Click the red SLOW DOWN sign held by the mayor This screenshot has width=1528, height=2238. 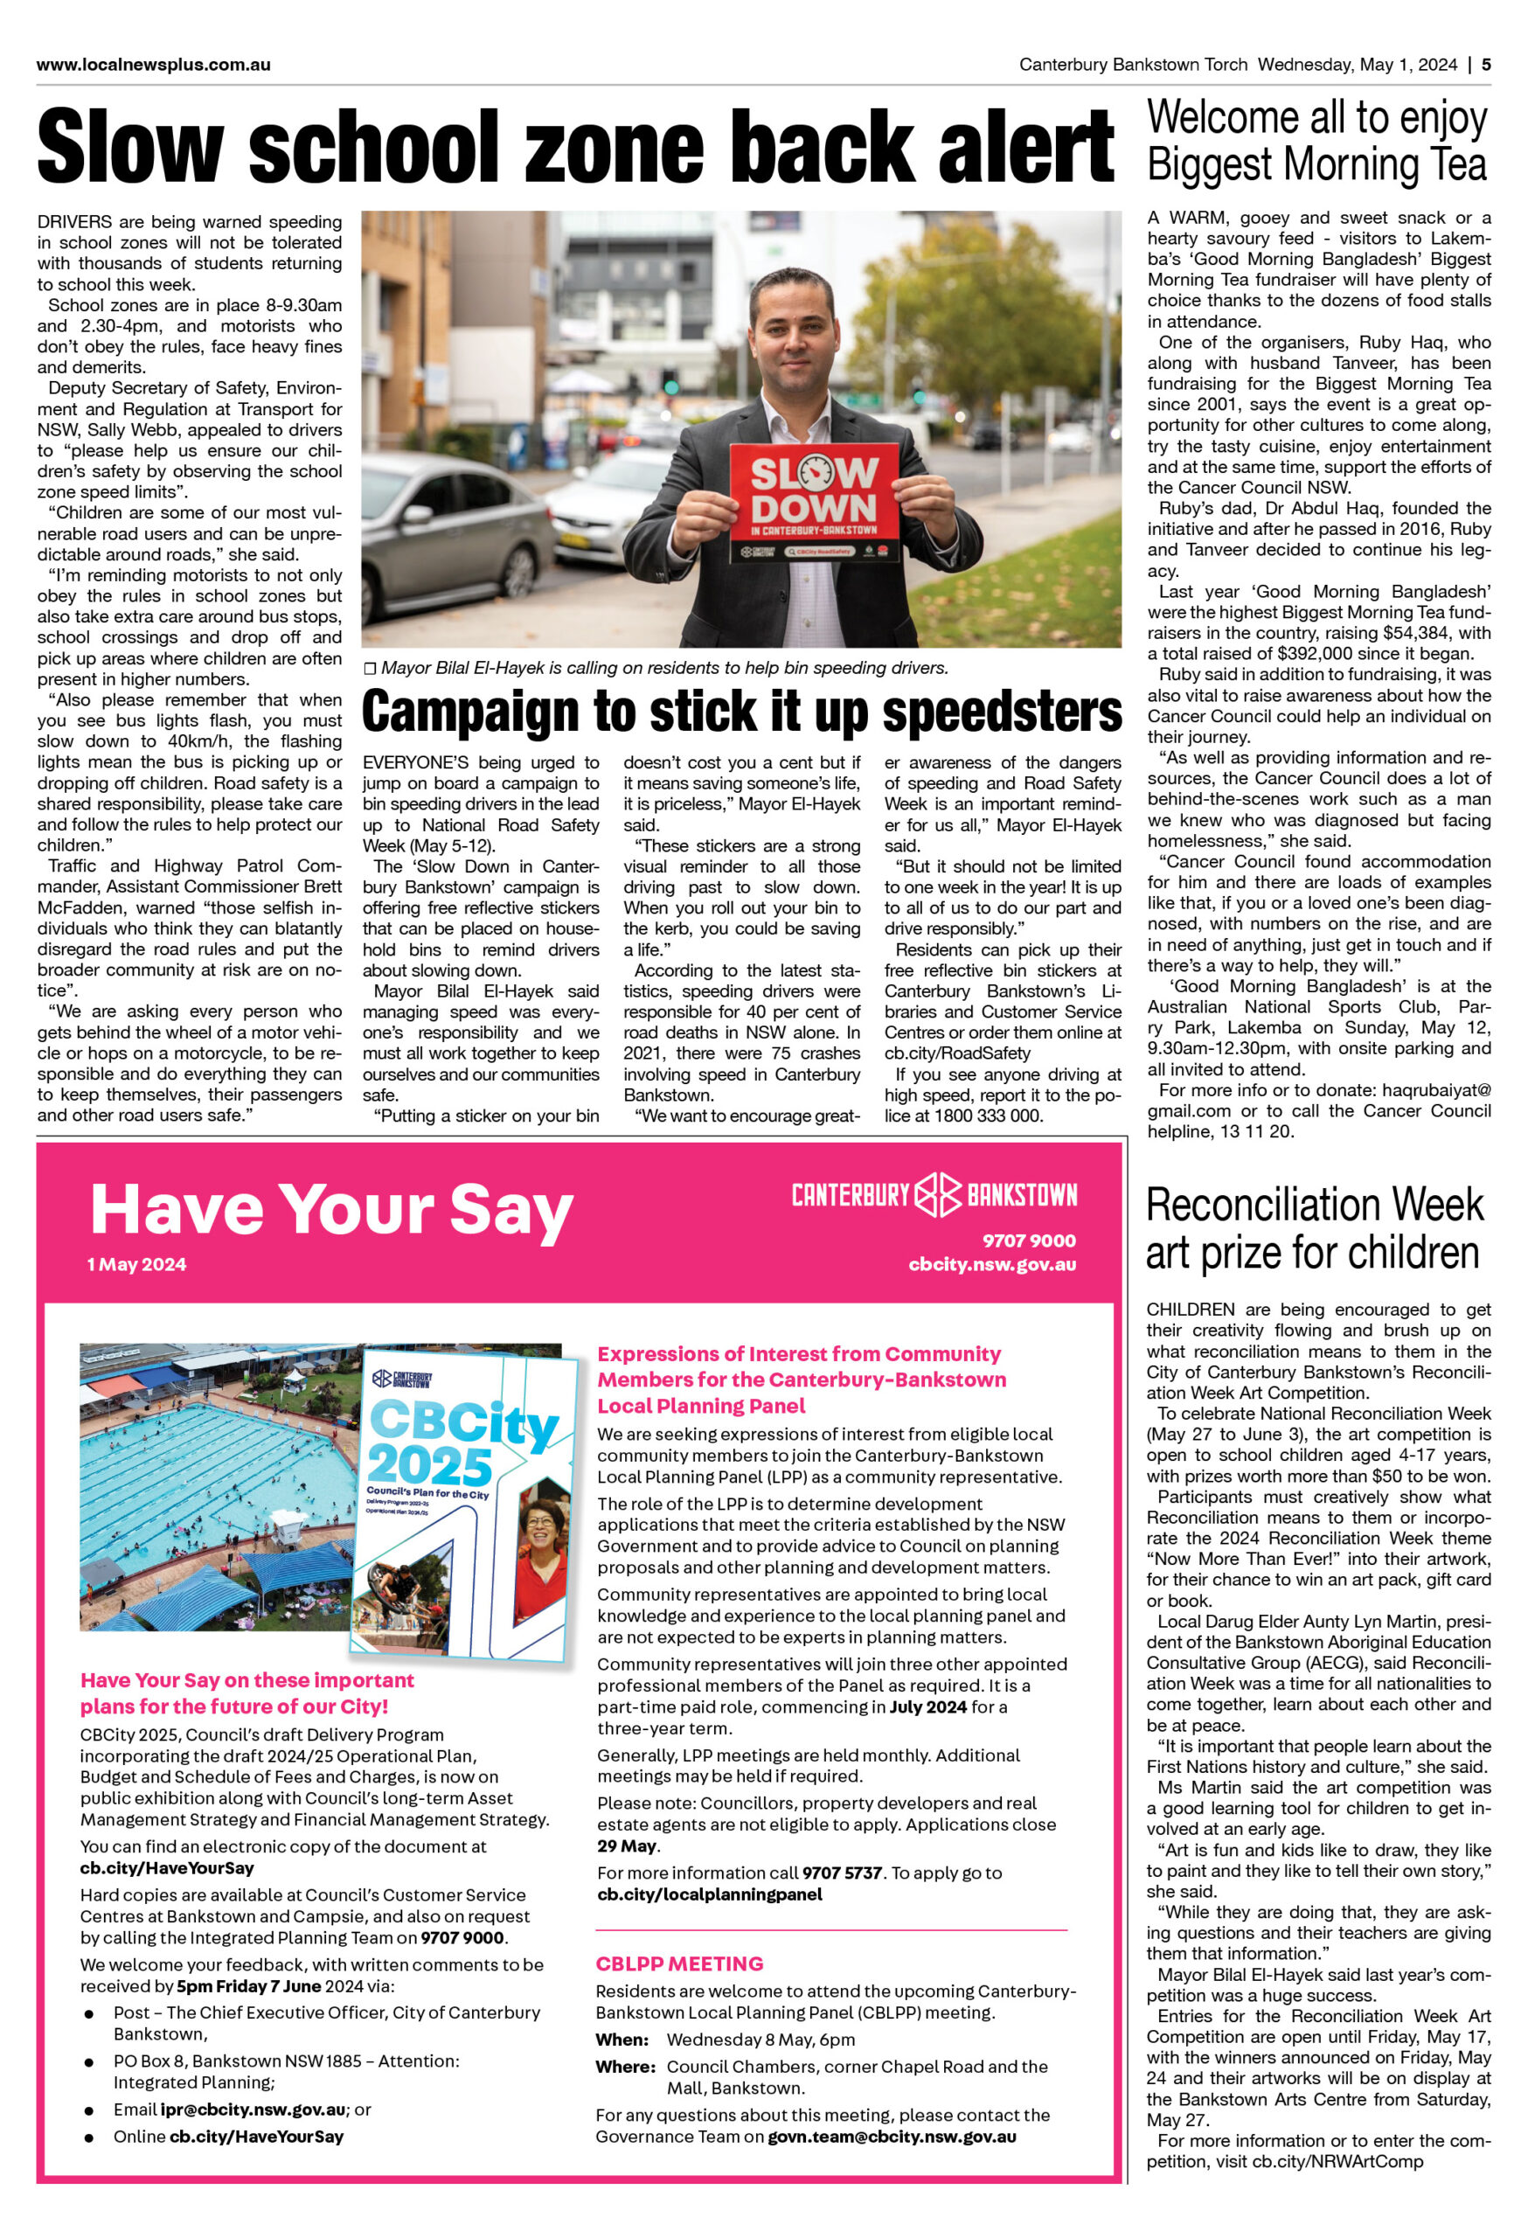point(814,502)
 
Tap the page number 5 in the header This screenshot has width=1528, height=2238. point(1486,65)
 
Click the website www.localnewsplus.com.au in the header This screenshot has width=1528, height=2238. point(153,65)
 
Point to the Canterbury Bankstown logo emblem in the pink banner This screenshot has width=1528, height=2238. point(937,1195)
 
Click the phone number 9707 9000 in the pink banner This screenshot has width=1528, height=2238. point(1028,1241)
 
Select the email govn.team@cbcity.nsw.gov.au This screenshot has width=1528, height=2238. point(891,2136)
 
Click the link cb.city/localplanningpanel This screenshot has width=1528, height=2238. point(710,1894)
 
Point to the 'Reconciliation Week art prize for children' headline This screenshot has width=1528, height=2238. point(1314,1229)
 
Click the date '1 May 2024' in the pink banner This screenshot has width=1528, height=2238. point(136,1264)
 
